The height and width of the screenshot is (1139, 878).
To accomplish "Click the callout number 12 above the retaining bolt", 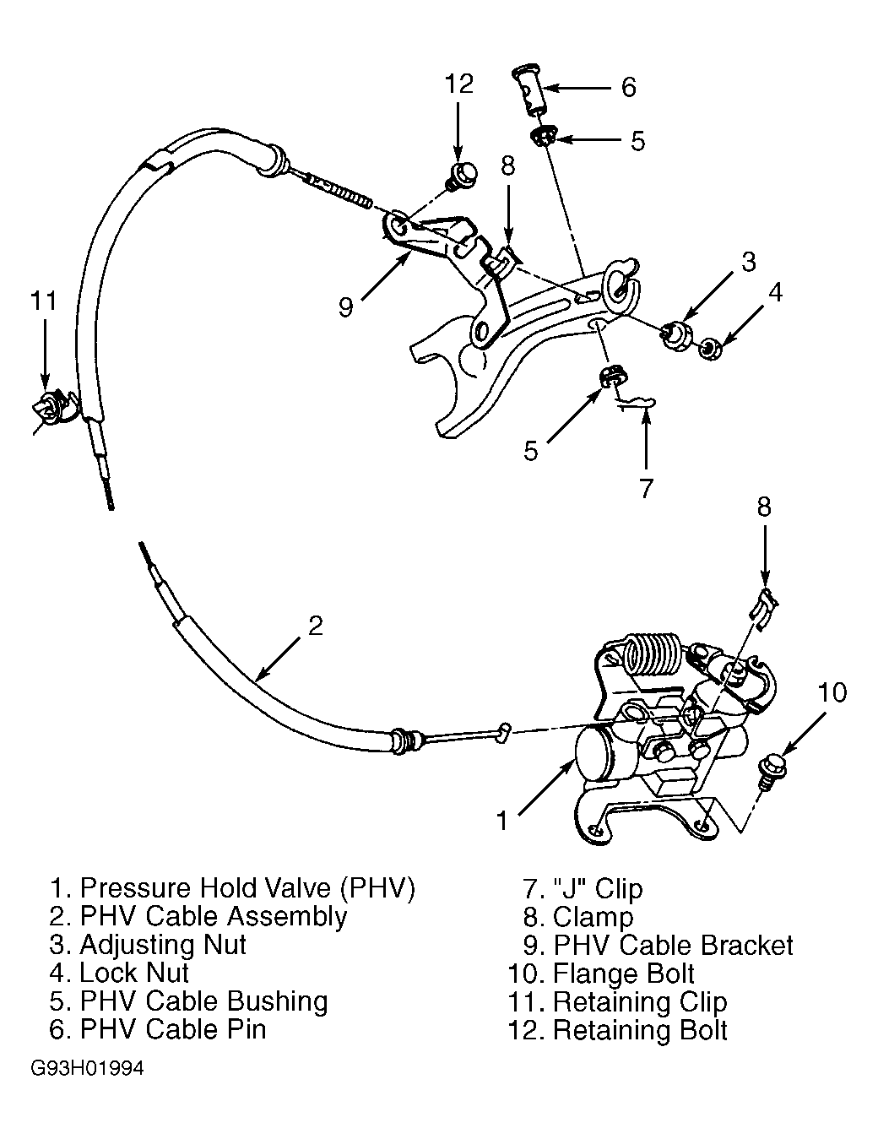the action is [x=459, y=84].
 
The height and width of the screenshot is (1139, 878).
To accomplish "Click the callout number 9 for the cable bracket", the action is [x=345, y=306].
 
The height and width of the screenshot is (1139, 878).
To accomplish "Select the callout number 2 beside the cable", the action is [x=315, y=626].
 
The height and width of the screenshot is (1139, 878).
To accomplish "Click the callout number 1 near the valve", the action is [x=501, y=822].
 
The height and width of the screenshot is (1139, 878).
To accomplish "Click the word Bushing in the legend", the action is [x=278, y=1001].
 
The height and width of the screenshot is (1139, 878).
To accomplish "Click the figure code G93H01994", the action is [x=87, y=1068].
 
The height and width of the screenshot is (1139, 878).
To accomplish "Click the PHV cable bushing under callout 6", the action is [x=545, y=138].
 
